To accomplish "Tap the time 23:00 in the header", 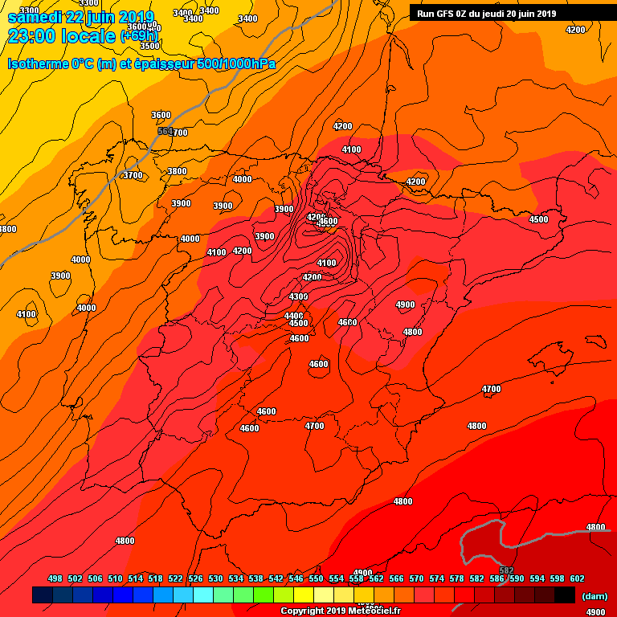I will coord(33,37).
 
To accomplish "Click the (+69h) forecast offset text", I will coord(140,36).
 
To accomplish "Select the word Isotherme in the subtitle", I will coord(38,64).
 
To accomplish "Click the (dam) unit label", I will coord(595,596).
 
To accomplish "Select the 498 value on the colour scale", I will coord(55,578).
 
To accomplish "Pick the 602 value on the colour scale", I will coord(577,578).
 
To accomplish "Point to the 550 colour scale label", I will coord(316,578).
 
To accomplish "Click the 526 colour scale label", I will coord(195,578).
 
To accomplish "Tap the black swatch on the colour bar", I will coord(565,595).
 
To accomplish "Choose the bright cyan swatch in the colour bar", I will coord(203,595).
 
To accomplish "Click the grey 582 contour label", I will coord(506,548).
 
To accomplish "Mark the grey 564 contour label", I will coord(165,130).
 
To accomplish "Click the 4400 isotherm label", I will coord(293,316).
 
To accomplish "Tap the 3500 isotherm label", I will coord(149,46).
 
